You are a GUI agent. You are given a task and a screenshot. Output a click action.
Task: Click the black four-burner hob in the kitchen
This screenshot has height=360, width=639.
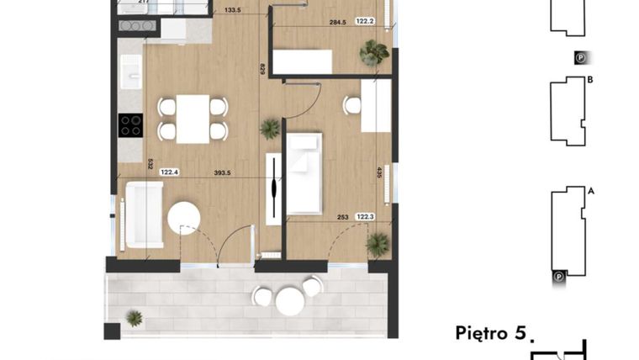pyautogui.click(x=130, y=125)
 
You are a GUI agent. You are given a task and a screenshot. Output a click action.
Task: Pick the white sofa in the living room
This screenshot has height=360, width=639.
pyautogui.click(x=142, y=218)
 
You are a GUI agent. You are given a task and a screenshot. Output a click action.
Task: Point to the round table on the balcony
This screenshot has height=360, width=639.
pyautogui.click(x=288, y=299)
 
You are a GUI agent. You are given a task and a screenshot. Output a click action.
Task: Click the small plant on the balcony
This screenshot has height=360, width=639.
pyautogui.click(x=134, y=318)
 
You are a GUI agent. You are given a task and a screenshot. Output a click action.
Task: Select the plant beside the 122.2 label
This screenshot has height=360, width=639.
pyautogui.click(x=373, y=55)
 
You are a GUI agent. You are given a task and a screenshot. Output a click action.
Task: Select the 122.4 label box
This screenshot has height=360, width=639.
pyautogui.click(x=171, y=172)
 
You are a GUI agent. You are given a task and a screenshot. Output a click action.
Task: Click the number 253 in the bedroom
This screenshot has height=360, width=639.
pyautogui.click(x=343, y=216)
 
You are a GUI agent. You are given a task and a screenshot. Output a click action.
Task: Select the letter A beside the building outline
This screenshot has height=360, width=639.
pyautogui.click(x=591, y=191)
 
